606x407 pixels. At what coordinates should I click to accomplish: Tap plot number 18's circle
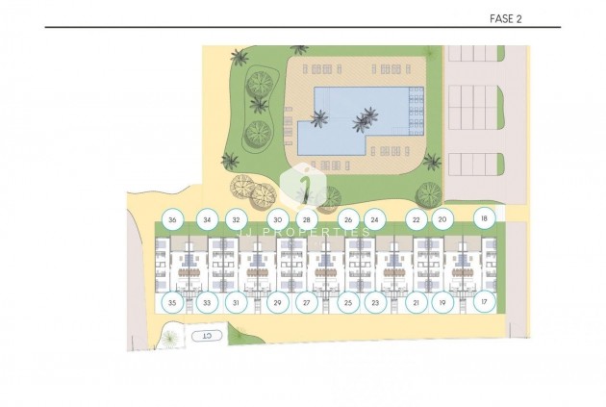pos(484,218)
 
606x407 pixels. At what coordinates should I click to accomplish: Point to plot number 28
pos(306,219)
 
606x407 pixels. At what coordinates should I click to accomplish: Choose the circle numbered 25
pos(348,302)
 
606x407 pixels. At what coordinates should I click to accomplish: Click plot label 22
pos(416,219)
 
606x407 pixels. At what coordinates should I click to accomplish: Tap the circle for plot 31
pos(237,302)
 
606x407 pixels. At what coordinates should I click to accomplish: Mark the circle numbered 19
pos(442,302)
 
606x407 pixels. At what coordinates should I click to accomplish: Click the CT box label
pos(205,336)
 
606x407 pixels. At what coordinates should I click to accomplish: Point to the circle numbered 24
pos(375,219)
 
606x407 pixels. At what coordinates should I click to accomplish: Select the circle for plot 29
pos(278,302)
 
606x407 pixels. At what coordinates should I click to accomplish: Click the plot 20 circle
pos(442,219)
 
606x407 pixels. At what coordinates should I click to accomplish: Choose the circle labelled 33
pos(207,302)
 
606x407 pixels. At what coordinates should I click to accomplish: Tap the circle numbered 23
pos(375,302)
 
